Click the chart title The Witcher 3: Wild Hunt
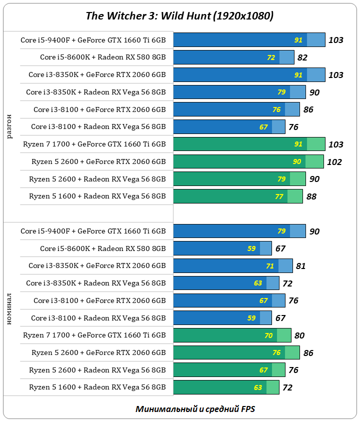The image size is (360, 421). pyautogui.click(x=179, y=16)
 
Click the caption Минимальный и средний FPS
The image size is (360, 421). pyautogui.click(x=195, y=408)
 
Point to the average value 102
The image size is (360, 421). pyautogui.click(x=334, y=162)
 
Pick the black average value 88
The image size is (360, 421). pyautogui.click(x=311, y=196)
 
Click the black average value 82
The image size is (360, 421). pyautogui.click(x=302, y=57)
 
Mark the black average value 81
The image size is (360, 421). pyautogui.click(x=300, y=266)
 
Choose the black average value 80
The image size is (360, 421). pyautogui.click(x=299, y=335)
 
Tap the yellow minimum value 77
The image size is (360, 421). pyautogui.click(x=279, y=196)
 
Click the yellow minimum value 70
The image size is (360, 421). pyautogui.click(x=268, y=335)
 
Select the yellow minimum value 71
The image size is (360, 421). pyautogui.click(x=270, y=266)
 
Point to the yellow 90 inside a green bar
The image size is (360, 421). pyautogui.click(x=297, y=162)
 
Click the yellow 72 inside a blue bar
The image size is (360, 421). pyautogui.click(x=271, y=57)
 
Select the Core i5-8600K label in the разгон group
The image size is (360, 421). pyautogui.click(x=102, y=57)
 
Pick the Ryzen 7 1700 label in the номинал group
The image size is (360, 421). pyautogui.click(x=94, y=335)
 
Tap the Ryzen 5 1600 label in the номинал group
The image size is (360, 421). pyautogui.click(x=97, y=387)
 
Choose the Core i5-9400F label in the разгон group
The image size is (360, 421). pyautogui.click(x=93, y=40)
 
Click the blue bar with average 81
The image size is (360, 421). pyautogui.click(x=232, y=266)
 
